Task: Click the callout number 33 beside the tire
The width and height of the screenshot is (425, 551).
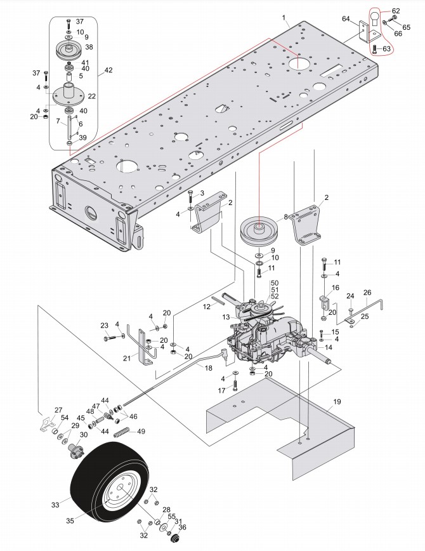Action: click(x=55, y=505)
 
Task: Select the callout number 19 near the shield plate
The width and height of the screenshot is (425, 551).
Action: click(x=336, y=402)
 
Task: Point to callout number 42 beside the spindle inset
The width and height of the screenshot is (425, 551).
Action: click(x=108, y=70)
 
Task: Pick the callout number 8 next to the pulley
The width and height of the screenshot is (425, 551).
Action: click(x=287, y=216)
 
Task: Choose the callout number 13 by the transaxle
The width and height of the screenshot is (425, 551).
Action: click(x=225, y=317)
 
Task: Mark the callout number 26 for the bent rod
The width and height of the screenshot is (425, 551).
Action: click(x=367, y=293)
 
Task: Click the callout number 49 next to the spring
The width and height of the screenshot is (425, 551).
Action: click(x=141, y=432)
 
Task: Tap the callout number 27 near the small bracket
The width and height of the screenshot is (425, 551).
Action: click(x=58, y=410)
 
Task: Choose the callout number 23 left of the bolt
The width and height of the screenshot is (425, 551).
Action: click(x=105, y=326)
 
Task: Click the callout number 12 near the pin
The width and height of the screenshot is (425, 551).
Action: click(x=206, y=307)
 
